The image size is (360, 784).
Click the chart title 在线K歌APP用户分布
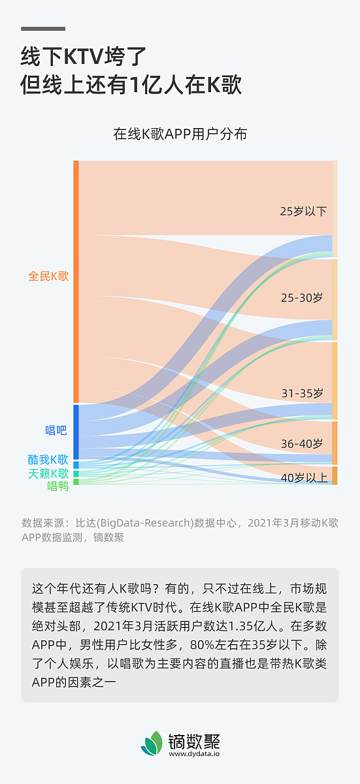180,134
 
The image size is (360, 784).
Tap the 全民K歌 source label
48,276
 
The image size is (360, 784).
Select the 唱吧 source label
56,430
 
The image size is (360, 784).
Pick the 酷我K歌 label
48,459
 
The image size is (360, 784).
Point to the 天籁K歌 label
48,473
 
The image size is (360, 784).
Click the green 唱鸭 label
57,486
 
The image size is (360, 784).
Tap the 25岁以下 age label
303,211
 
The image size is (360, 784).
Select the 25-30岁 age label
302,297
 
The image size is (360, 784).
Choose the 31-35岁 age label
302,393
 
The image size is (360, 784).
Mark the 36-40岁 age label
302,444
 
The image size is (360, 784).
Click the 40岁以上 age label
304,478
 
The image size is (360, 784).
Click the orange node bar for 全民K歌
76,281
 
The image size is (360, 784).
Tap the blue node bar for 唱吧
76,432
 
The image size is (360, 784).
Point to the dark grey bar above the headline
43,29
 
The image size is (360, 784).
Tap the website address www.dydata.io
195,754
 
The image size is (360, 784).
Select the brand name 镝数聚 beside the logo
195,741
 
